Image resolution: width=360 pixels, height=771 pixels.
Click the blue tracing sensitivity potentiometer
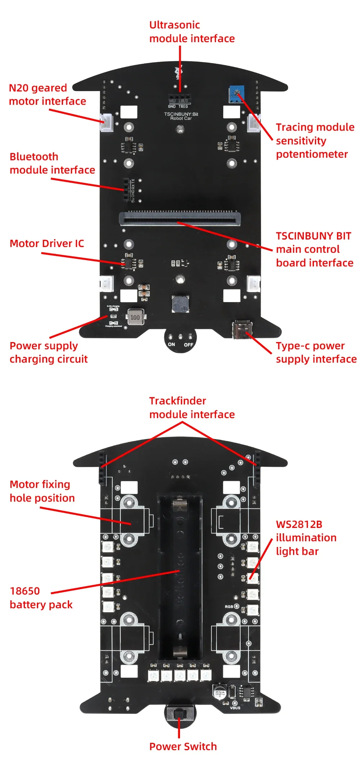tap(237, 94)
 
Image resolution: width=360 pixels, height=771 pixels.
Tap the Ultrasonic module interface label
tap(192, 32)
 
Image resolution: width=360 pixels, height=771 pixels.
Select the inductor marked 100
tap(135, 317)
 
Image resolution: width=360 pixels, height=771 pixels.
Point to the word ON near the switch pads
tap(171, 344)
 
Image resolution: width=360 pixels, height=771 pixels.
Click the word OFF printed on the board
tap(189, 345)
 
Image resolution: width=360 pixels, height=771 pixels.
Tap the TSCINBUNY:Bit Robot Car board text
tap(181, 116)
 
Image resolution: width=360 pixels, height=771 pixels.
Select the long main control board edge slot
tap(180, 218)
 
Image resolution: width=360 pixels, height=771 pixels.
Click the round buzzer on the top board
tap(180, 304)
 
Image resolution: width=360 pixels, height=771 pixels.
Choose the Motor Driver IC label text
tap(47, 243)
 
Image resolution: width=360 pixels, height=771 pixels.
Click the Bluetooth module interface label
tap(52, 163)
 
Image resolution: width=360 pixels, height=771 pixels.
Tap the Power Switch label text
tap(183, 747)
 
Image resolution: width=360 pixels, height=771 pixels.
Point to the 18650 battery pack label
tap(41, 598)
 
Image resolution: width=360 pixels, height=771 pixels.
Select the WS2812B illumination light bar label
tap(306, 538)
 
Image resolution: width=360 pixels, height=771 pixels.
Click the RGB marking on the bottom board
tap(229, 607)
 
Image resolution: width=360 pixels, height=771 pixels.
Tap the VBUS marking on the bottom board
tap(235, 708)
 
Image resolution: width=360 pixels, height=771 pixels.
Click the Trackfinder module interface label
tap(192, 408)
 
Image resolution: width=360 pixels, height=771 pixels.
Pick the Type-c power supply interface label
tap(316, 352)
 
